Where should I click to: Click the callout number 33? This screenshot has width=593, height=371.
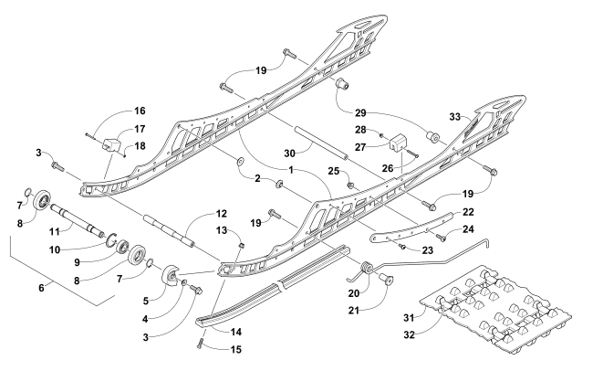click(x=455, y=116)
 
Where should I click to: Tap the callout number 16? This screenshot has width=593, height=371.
click(x=140, y=111)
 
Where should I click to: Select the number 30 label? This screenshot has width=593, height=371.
click(x=289, y=154)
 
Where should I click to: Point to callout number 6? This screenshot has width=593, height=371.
click(x=41, y=288)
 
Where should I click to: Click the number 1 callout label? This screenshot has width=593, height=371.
click(x=291, y=170)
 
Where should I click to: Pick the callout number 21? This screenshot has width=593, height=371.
click(x=354, y=311)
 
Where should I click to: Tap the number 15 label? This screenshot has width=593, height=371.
click(x=235, y=349)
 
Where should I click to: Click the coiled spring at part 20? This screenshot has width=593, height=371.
click(x=367, y=267)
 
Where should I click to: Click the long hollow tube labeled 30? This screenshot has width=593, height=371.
click(x=320, y=143)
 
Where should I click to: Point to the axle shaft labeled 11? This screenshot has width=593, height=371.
click(x=78, y=220)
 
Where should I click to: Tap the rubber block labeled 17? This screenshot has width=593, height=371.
click(x=111, y=144)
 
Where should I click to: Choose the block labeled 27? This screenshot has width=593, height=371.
click(x=399, y=142)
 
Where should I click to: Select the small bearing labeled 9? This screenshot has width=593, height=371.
click(x=123, y=247)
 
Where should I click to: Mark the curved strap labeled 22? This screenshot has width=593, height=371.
click(x=411, y=228)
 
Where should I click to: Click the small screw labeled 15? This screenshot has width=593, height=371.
click(x=201, y=344)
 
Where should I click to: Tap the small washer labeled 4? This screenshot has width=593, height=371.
click(x=184, y=282)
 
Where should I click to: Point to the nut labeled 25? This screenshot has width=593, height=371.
click(x=350, y=185)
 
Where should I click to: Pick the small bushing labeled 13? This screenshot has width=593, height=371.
click(x=241, y=245)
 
